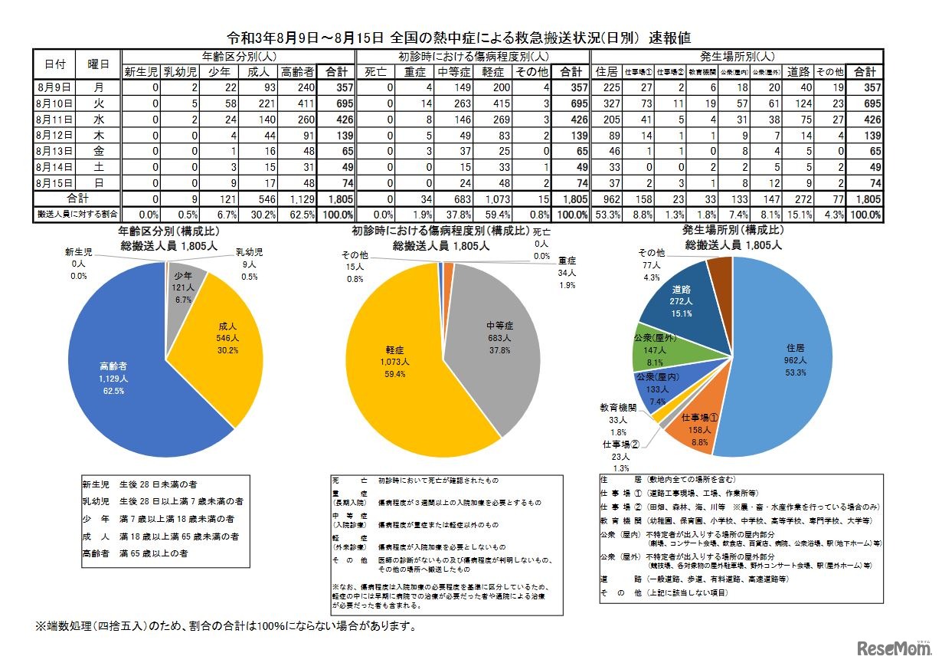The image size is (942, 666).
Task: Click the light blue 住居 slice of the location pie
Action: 774,360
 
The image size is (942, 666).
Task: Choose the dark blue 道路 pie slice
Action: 678,303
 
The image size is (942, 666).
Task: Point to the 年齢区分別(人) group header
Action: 239,57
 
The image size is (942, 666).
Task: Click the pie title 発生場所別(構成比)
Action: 732,230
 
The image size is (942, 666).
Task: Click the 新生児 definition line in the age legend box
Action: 141,484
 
